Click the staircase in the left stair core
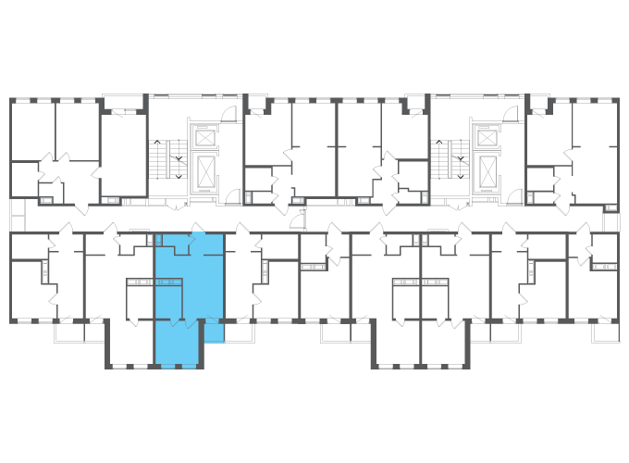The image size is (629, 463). [166, 157]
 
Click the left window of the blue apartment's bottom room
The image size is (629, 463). [167, 367]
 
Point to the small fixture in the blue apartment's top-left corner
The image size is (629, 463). [158, 241]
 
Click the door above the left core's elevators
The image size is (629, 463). [230, 114]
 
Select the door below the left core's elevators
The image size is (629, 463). [231, 196]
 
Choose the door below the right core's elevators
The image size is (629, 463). [512, 196]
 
